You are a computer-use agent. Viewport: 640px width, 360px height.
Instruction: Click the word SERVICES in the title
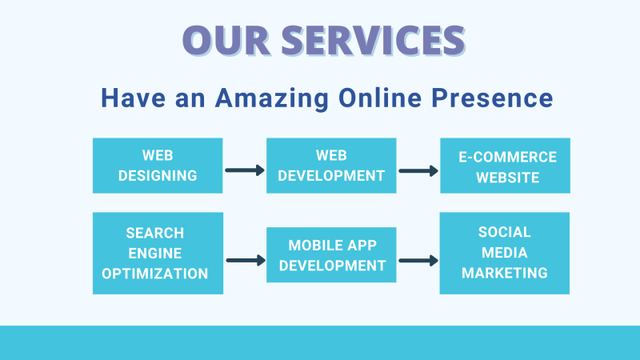[x=373, y=40]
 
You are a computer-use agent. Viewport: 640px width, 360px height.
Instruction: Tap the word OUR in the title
[x=226, y=40]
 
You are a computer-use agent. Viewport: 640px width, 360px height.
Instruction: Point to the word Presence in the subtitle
[x=492, y=98]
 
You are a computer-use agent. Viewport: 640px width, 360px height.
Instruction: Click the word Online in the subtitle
[x=380, y=98]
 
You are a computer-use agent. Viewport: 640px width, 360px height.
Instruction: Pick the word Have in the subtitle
[x=133, y=98]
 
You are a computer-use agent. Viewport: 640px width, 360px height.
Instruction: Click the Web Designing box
[x=158, y=166]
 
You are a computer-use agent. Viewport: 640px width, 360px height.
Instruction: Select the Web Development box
[x=331, y=166]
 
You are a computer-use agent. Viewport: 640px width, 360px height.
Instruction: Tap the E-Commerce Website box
[x=505, y=166]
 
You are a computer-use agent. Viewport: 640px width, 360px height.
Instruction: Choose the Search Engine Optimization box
[x=158, y=253]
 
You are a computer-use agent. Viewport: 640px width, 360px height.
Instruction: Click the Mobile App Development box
[x=331, y=254]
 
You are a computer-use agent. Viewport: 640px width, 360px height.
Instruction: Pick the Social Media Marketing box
[x=505, y=253]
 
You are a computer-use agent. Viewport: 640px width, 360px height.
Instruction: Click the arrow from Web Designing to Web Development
[x=245, y=170]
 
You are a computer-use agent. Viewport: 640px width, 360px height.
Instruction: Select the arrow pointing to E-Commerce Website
[x=418, y=170]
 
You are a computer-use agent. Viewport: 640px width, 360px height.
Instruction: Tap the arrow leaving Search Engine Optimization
[x=246, y=261]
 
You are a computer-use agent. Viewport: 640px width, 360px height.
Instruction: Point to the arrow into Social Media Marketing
[x=418, y=261]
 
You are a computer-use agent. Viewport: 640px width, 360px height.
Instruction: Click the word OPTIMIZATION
[x=155, y=274]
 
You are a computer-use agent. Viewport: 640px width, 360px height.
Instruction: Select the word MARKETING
[x=505, y=273]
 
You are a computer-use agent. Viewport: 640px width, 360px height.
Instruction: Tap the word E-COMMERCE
[x=507, y=157]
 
